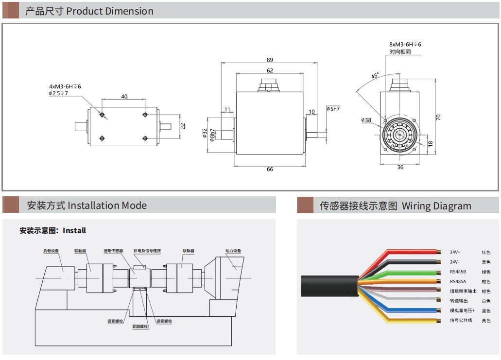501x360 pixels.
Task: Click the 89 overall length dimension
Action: pyautogui.click(x=270, y=60)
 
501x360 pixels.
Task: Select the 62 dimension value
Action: pyautogui.click(x=270, y=70)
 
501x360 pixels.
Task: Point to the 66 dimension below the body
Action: pyautogui.click(x=270, y=169)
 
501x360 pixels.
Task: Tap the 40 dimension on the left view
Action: pyautogui.click(x=124, y=97)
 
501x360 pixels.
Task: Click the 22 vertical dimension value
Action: pyautogui.click(x=183, y=125)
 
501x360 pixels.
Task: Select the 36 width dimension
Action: pyautogui.click(x=400, y=167)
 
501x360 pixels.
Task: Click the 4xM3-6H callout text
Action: pyautogui.click(x=65, y=86)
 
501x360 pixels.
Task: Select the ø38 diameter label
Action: pyautogui.click(x=366, y=120)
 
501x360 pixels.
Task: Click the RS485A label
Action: pyautogui.click(x=458, y=281)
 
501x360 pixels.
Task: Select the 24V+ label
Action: pyautogui.click(x=455, y=252)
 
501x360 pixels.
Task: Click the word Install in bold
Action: pyautogui.click(x=74, y=230)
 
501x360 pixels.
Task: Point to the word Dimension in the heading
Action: pyautogui.click(x=130, y=11)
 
